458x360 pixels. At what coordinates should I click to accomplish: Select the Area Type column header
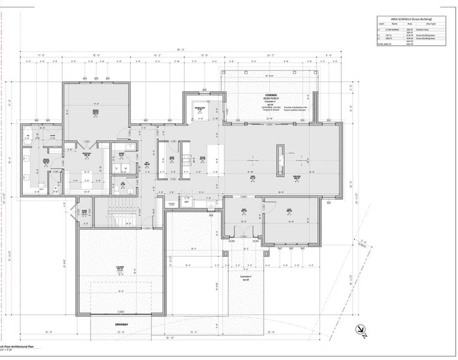437,24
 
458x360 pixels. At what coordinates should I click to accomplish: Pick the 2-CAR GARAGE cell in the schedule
391,29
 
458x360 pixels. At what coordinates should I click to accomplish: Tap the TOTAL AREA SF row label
385,44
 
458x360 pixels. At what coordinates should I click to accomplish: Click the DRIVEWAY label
122,325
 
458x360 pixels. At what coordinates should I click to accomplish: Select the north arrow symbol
361,329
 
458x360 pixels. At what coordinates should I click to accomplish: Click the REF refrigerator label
186,202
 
